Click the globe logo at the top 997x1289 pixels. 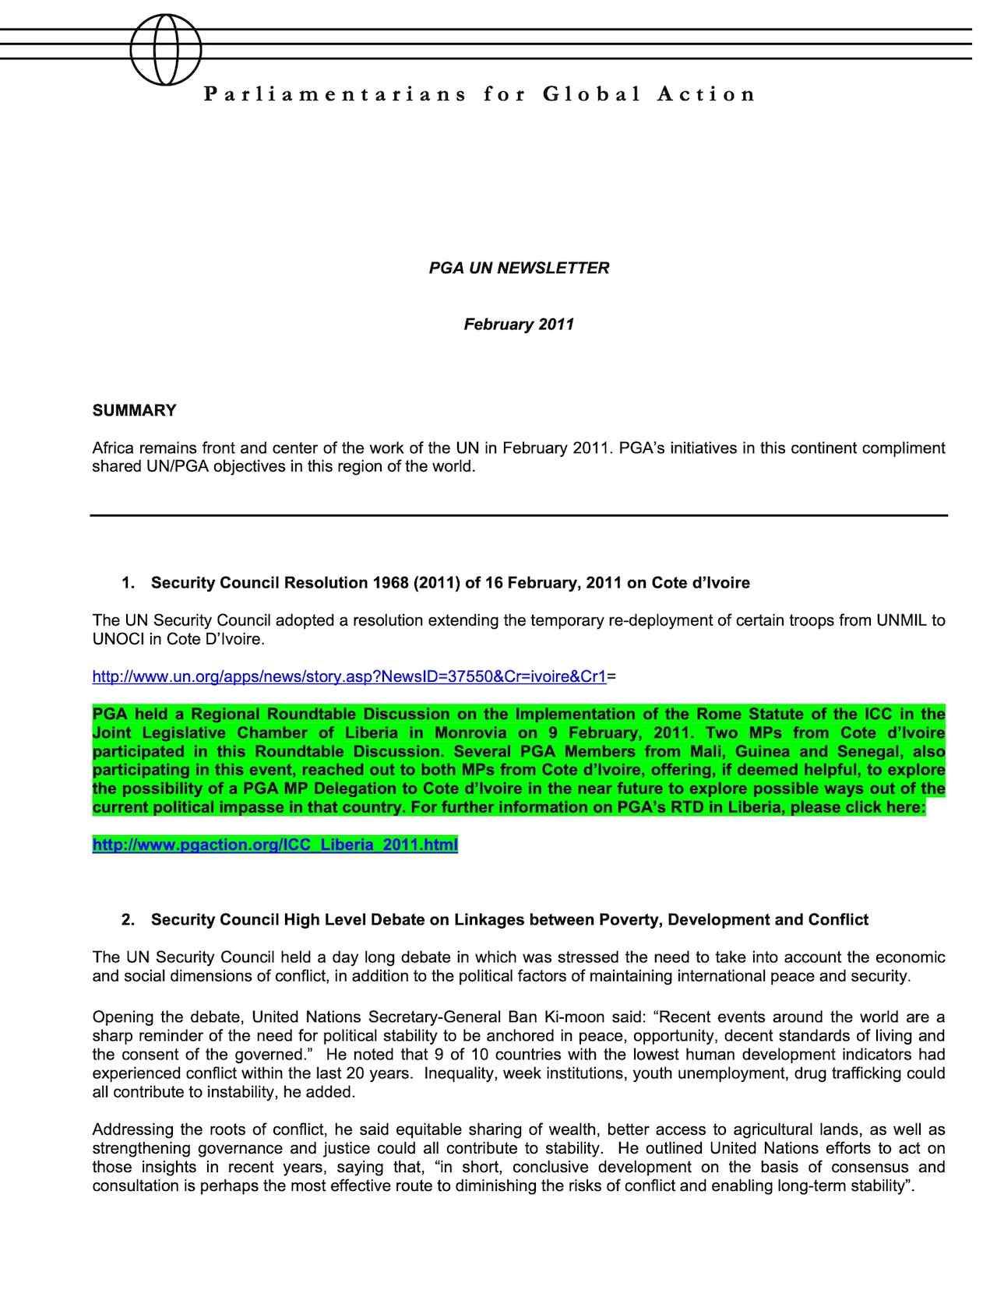point(166,48)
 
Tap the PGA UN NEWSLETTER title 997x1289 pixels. point(519,268)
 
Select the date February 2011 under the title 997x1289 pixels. point(519,324)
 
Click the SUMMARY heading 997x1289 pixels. point(134,410)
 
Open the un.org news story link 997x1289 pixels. point(349,676)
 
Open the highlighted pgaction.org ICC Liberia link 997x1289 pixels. point(275,845)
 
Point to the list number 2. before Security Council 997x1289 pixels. point(128,920)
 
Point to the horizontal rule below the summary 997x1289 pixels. point(519,515)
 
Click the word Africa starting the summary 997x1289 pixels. point(113,448)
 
